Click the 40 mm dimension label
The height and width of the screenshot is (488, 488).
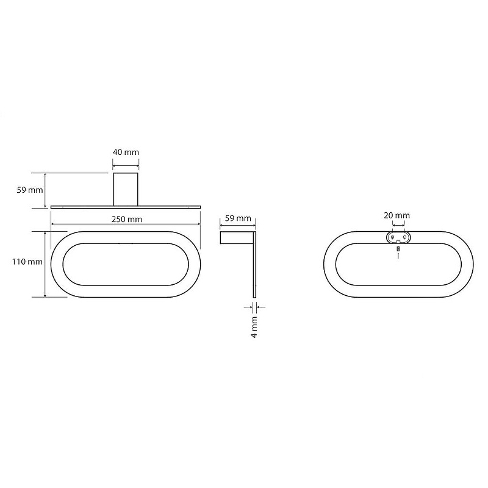coord(126,152)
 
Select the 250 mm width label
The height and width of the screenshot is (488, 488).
coord(127,219)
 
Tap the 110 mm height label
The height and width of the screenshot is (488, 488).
coord(27,262)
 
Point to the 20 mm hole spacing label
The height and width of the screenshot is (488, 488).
coord(396,215)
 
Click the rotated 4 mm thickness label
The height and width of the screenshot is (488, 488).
coord(254,327)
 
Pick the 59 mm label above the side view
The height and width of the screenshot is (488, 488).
coord(238,218)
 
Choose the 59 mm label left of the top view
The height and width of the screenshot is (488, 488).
coord(30,190)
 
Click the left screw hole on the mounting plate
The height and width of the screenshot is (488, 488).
coord(392,237)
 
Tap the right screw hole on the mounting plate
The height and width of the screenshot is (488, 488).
coord(404,237)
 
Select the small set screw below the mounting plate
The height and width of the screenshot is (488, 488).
coord(398,249)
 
